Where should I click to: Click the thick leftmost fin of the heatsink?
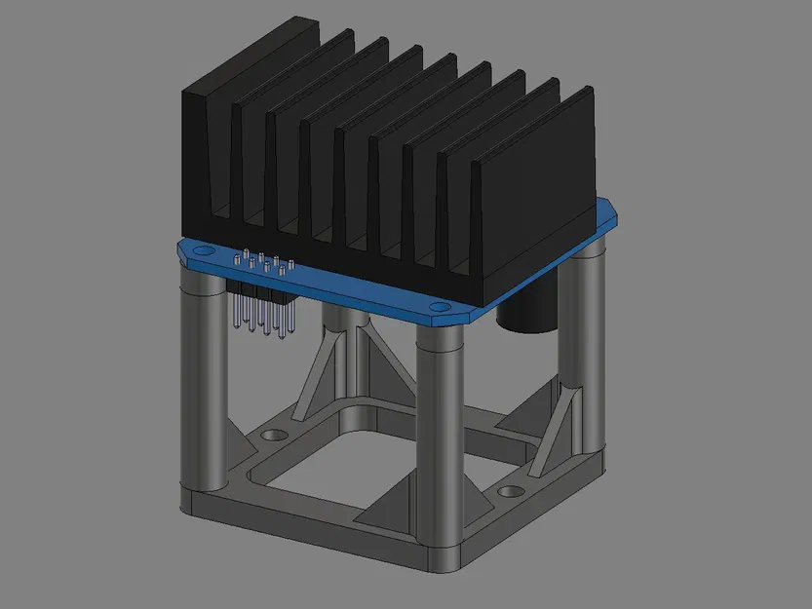pyautogui.click(x=208, y=146)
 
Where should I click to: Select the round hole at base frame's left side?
pyautogui.click(x=272, y=430)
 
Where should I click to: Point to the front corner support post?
pyautogui.click(x=439, y=438)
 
